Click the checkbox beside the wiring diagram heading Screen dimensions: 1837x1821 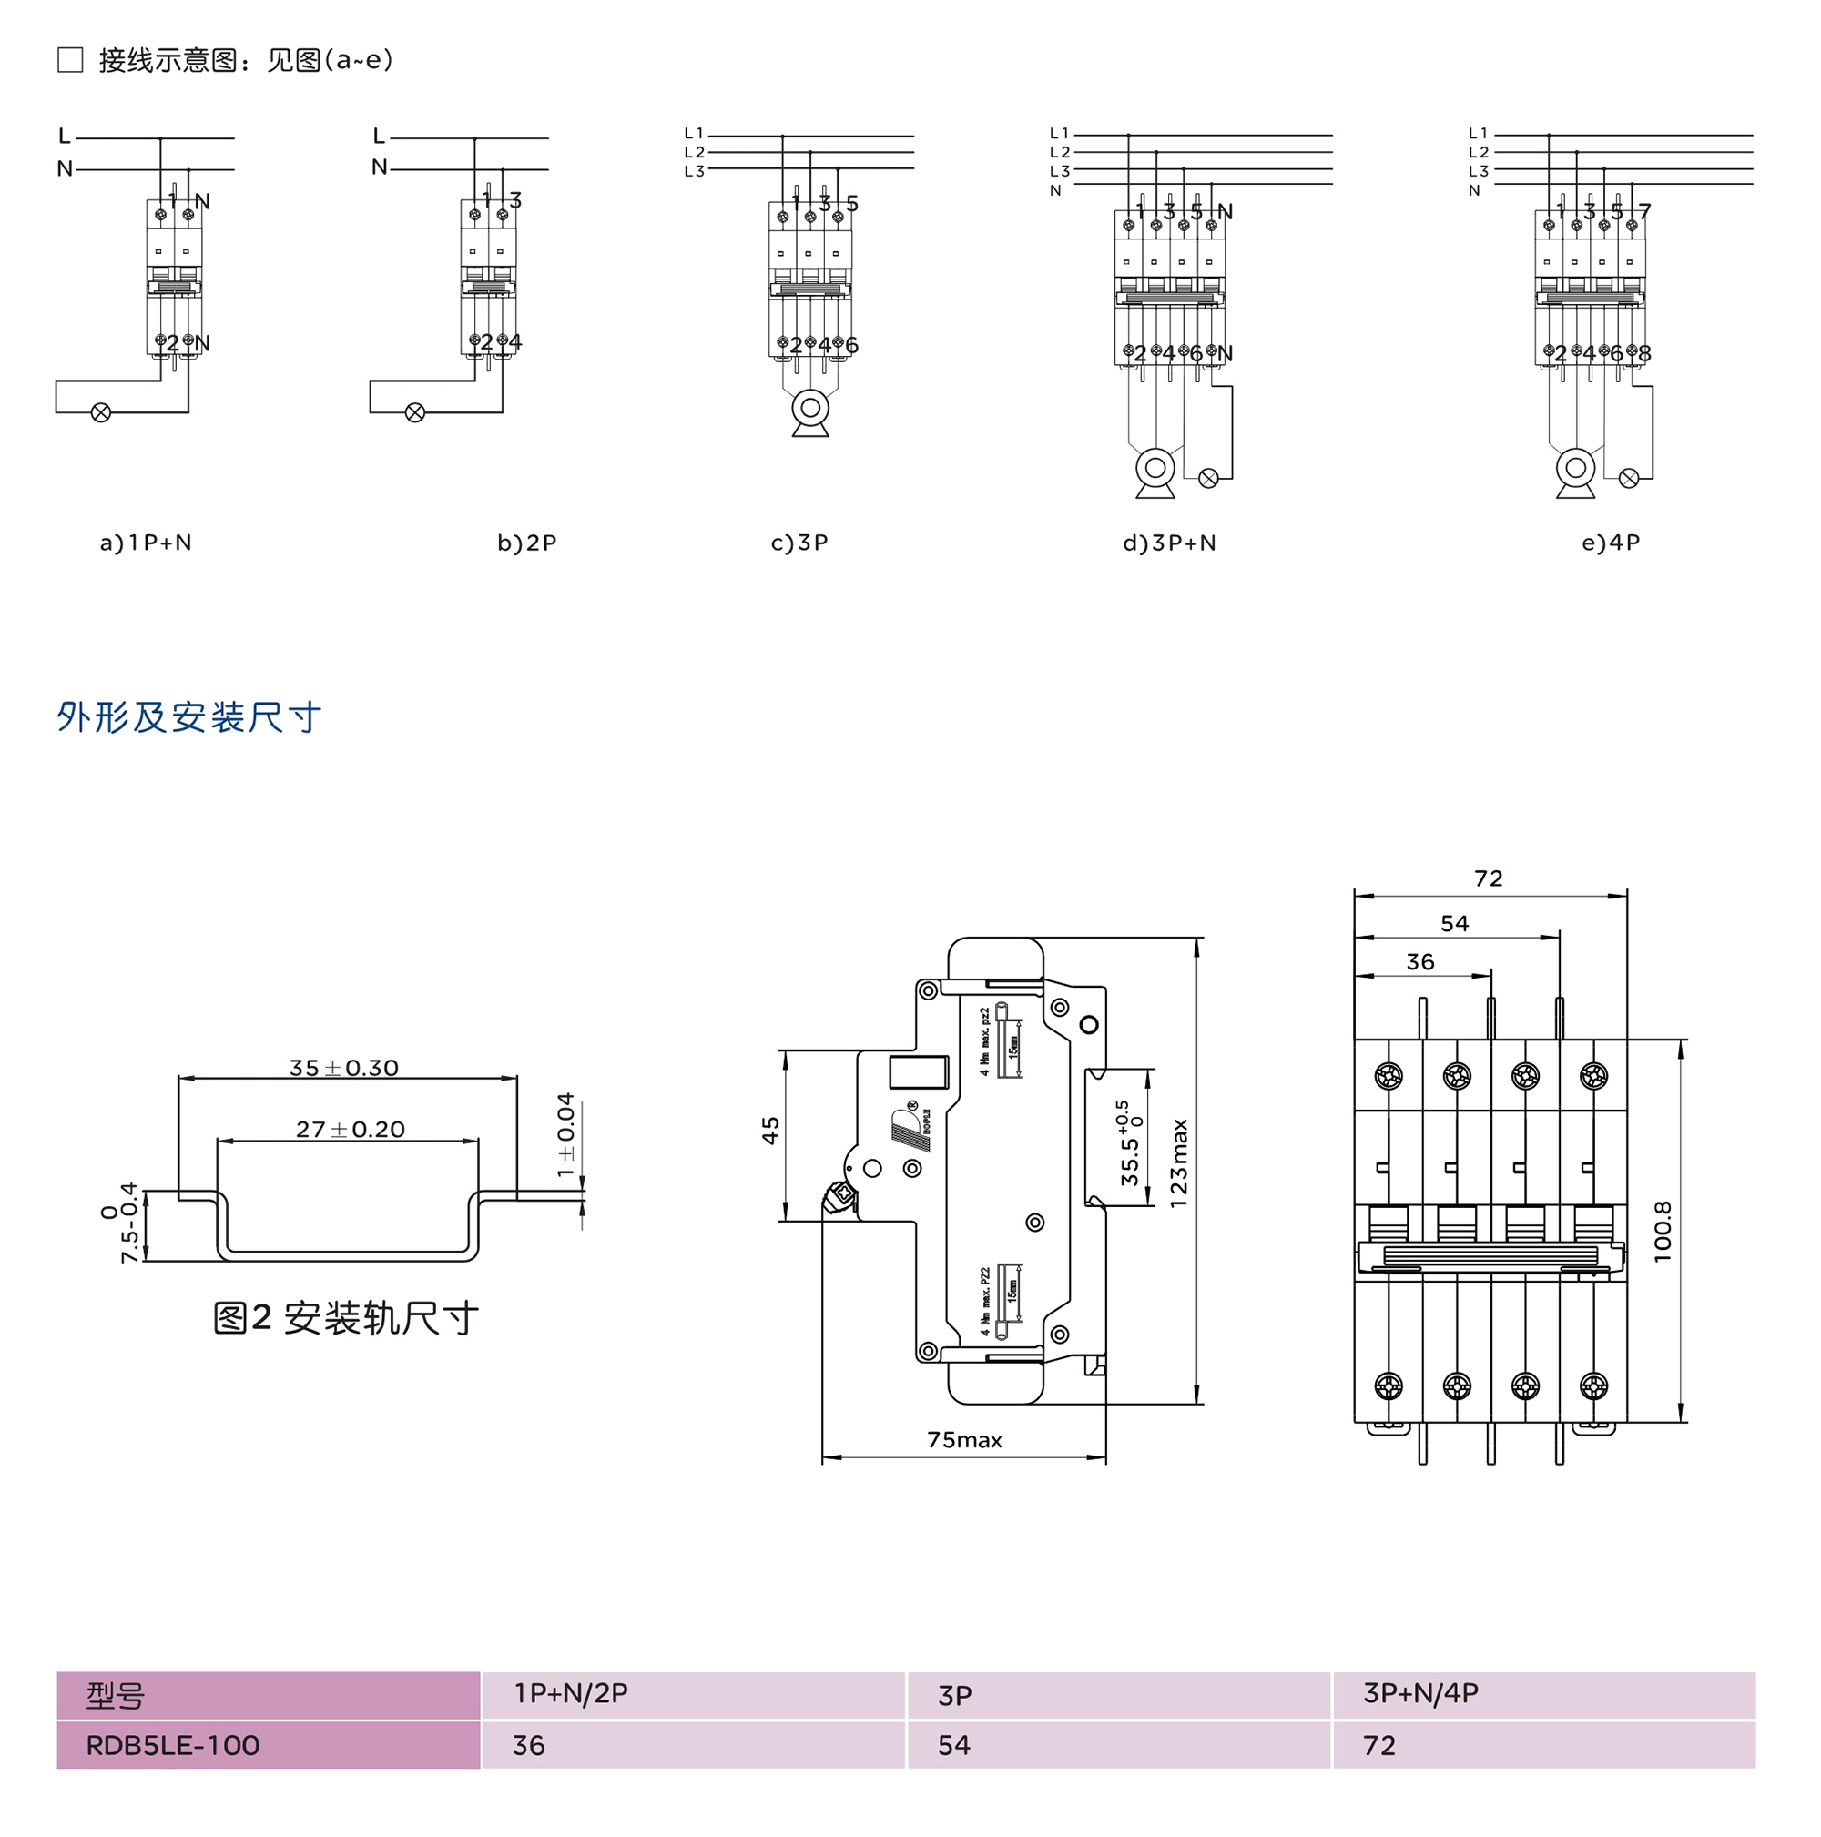[x=70, y=60]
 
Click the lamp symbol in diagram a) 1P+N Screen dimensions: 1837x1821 [x=101, y=412]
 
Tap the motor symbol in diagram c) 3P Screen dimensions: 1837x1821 [x=809, y=409]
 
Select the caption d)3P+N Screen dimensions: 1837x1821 [x=1169, y=543]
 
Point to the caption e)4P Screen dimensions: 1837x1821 [x=1610, y=543]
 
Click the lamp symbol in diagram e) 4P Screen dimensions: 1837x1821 [x=1628, y=478]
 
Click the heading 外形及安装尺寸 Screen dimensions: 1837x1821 [x=188, y=717]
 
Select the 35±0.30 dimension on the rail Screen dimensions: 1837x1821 [x=343, y=1068]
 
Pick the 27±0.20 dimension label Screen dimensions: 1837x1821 [x=350, y=1129]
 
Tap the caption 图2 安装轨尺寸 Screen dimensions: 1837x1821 [x=345, y=1318]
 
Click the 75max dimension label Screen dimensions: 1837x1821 [x=964, y=1440]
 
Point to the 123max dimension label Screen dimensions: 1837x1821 [x=1178, y=1162]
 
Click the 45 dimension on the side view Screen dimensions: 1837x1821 [x=770, y=1130]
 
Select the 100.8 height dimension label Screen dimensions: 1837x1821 [x=1663, y=1232]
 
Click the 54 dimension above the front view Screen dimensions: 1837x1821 [x=1454, y=923]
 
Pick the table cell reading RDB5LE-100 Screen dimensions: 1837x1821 [x=172, y=1746]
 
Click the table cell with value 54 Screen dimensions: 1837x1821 [x=954, y=1746]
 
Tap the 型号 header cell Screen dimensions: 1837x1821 [x=115, y=1695]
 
